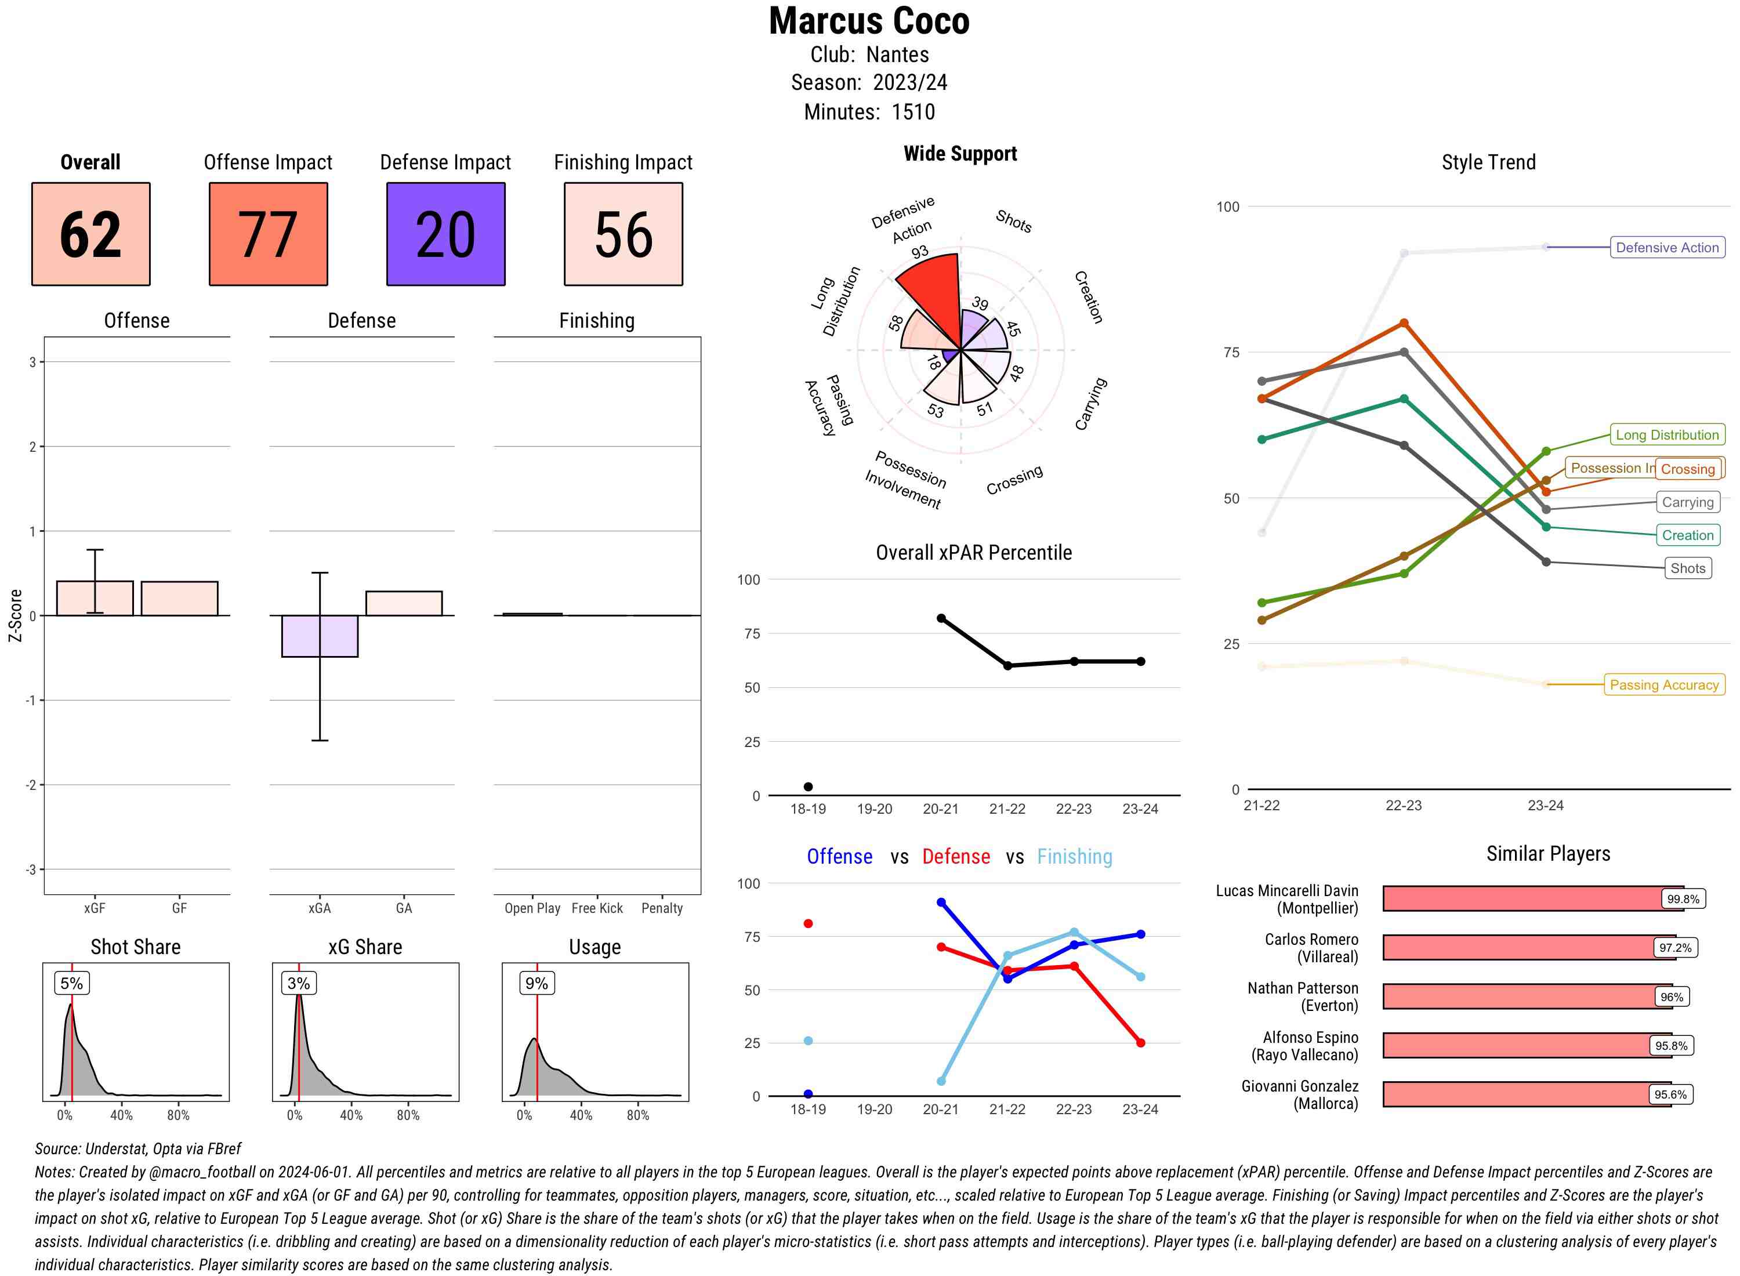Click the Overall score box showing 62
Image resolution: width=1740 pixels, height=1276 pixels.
90,234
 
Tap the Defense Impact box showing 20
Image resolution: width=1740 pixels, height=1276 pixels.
445,234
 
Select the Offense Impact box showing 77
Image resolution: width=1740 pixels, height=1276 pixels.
268,234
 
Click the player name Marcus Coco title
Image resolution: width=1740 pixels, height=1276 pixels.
869,21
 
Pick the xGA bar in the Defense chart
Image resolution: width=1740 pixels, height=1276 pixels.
320,636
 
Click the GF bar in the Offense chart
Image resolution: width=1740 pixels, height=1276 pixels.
179,599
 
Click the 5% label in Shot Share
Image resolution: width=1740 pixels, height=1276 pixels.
71,983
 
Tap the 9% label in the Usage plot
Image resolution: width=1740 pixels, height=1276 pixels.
536,983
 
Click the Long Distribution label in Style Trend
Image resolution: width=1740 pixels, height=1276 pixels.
1667,435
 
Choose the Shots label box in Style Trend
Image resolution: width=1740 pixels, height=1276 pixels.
1687,568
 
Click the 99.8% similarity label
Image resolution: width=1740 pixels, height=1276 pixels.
1682,899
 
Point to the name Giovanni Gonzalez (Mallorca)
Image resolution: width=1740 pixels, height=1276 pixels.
1300,1094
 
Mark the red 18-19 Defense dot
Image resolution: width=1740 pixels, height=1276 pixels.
808,924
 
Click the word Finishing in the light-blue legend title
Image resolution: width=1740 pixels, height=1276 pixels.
1074,857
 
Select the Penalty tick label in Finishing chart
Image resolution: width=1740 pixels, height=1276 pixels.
662,908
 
